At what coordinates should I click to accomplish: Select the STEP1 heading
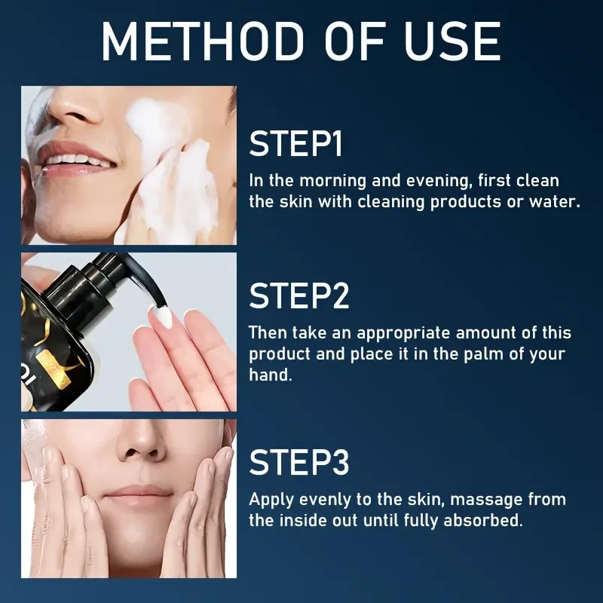(295, 143)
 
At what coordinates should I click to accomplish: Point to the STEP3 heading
(299, 462)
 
